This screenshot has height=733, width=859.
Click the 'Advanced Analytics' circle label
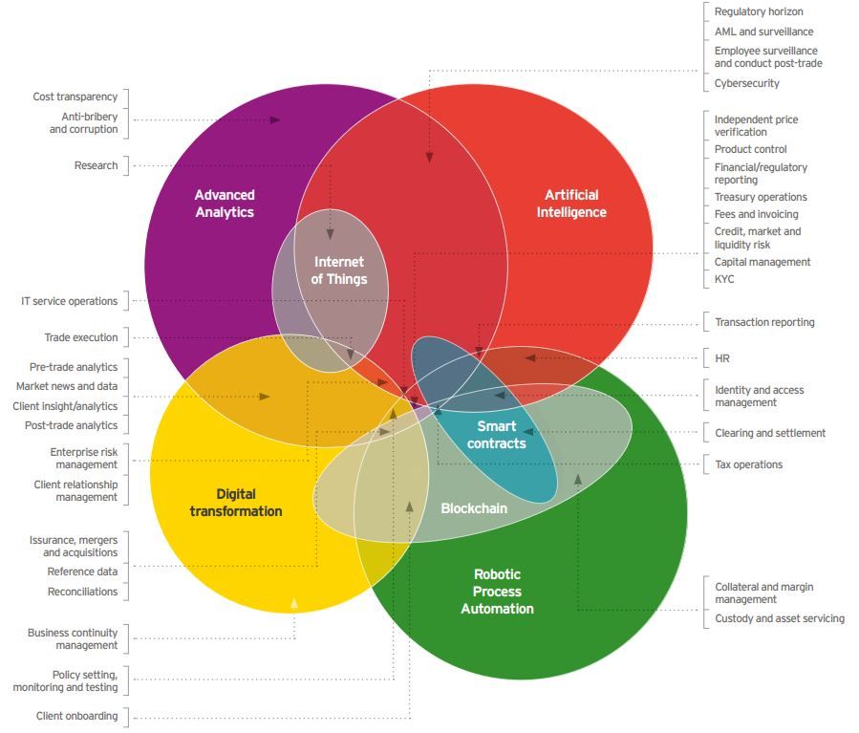coord(225,204)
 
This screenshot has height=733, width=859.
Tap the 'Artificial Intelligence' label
coord(571,204)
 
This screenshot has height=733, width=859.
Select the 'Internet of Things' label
coord(338,270)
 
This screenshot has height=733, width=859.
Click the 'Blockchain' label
coord(473,508)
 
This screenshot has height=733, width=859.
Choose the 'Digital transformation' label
coord(235,503)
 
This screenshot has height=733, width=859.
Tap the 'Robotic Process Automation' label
coord(497,592)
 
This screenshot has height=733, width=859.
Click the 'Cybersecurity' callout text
coord(746,83)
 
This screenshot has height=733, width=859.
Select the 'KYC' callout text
coord(724,279)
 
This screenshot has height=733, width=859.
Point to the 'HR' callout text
coord(722,358)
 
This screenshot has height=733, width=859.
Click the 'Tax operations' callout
coord(748,464)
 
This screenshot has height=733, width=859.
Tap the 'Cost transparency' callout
coord(75,97)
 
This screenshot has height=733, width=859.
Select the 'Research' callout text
coord(97,165)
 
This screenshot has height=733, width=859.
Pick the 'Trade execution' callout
coord(81,337)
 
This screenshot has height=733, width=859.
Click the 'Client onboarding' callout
coord(77,716)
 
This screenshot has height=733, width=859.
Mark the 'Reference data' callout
coord(83,571)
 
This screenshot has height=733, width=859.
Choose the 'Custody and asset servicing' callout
coord(779,618)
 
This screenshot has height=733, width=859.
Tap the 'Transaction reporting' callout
coord(764,322)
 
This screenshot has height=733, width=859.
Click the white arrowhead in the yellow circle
coord(294,603)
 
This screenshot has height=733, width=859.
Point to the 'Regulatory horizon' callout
coord(759,11)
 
